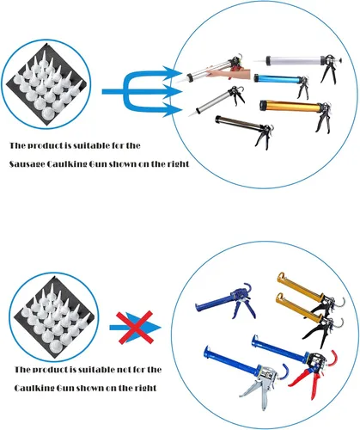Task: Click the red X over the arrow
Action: pyautogui.click(x=135, y=327)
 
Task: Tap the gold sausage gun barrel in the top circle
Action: pyautogui.click(x=290, y=106)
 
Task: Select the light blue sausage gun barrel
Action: pyautogui.click(x=278, y=78)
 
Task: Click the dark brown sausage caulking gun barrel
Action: pyautogui.click(x=238, y=122)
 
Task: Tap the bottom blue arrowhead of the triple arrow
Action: pyautogui.click(x=172, y=110)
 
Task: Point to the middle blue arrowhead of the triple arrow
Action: pyautogui.click(x=173, y=91)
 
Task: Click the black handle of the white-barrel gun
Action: pyautogui.click(x=329, y=71)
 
